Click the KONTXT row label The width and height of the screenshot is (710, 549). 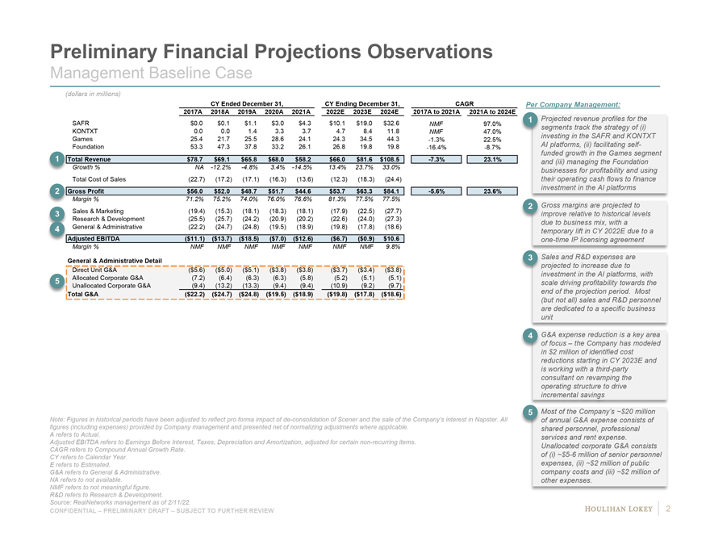[85, 131]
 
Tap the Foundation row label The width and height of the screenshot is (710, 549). [89, 147]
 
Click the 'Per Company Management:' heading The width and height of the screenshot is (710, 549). [573, 105]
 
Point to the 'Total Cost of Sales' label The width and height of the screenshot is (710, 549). [98, 178]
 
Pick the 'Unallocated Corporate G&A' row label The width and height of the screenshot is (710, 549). [112, 286]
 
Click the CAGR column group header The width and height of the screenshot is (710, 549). [465, 103]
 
